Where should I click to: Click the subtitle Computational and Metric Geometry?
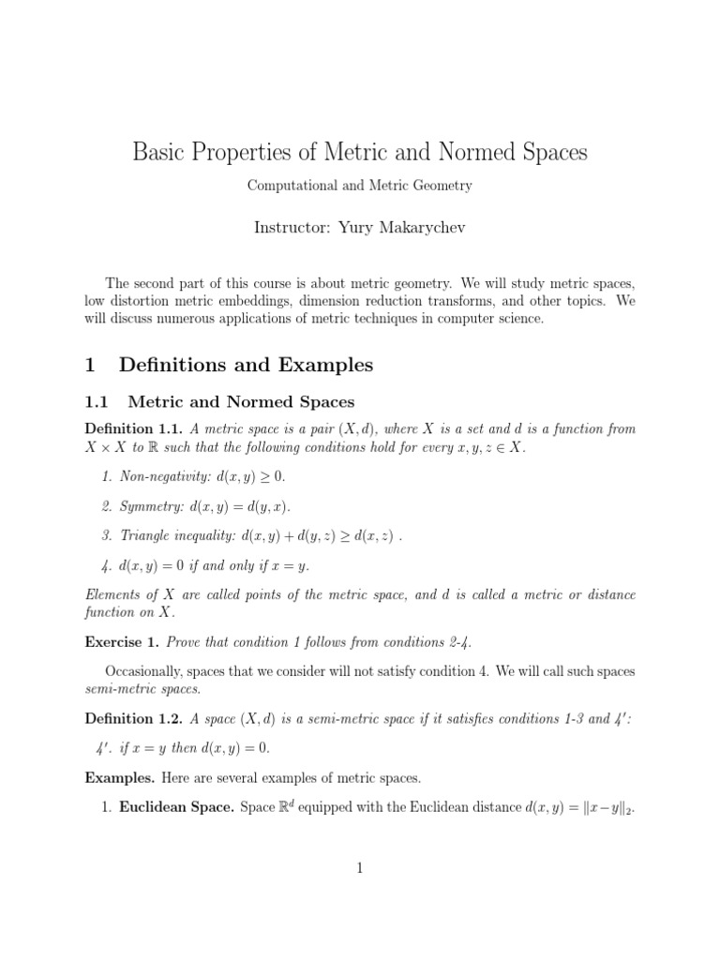point(359,186)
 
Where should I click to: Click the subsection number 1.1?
point(97,402)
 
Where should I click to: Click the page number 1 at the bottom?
point(359,869)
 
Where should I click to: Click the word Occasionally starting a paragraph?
point(142,671)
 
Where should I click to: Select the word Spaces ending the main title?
point(549,153)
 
